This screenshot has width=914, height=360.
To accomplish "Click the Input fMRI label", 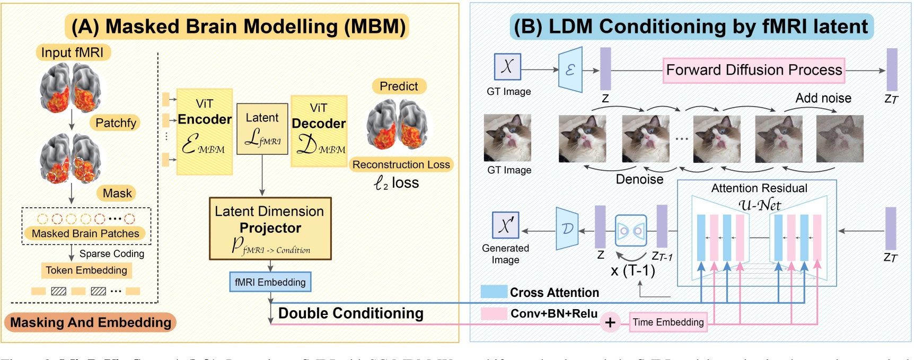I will coord(73,52).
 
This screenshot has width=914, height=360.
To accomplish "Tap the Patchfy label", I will coord(116,123).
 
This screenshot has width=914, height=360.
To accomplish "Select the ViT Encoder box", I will coord(204,131).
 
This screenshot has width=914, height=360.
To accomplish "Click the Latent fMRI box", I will coord(262,129).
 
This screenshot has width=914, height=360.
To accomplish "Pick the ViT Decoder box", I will coord(319,131).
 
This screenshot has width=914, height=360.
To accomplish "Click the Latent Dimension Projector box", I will coord(270,229).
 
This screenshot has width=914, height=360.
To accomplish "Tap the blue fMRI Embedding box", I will coord(270,282).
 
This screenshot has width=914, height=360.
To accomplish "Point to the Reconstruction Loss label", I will coord(401,165).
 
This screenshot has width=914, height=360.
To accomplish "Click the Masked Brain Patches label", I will coord(85,233).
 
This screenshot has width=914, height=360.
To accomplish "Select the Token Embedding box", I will coord(86,270).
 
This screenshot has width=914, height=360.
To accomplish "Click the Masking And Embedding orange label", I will coord(91,322).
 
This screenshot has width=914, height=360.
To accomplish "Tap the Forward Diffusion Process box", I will coord(753,71).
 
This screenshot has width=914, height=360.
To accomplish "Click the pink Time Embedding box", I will coord(667,322).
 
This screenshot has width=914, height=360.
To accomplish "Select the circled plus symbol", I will coord(610,322).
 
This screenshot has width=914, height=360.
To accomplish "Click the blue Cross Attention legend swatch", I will coord(494,292).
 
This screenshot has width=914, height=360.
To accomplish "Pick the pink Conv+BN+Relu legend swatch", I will coord(494,313).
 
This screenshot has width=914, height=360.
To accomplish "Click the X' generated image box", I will coord(505,225).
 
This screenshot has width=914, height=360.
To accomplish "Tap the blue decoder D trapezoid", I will coord(567,229).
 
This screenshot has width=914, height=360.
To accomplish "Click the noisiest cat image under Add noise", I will coord(839,138).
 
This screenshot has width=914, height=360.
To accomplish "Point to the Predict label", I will coord(399,86).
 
